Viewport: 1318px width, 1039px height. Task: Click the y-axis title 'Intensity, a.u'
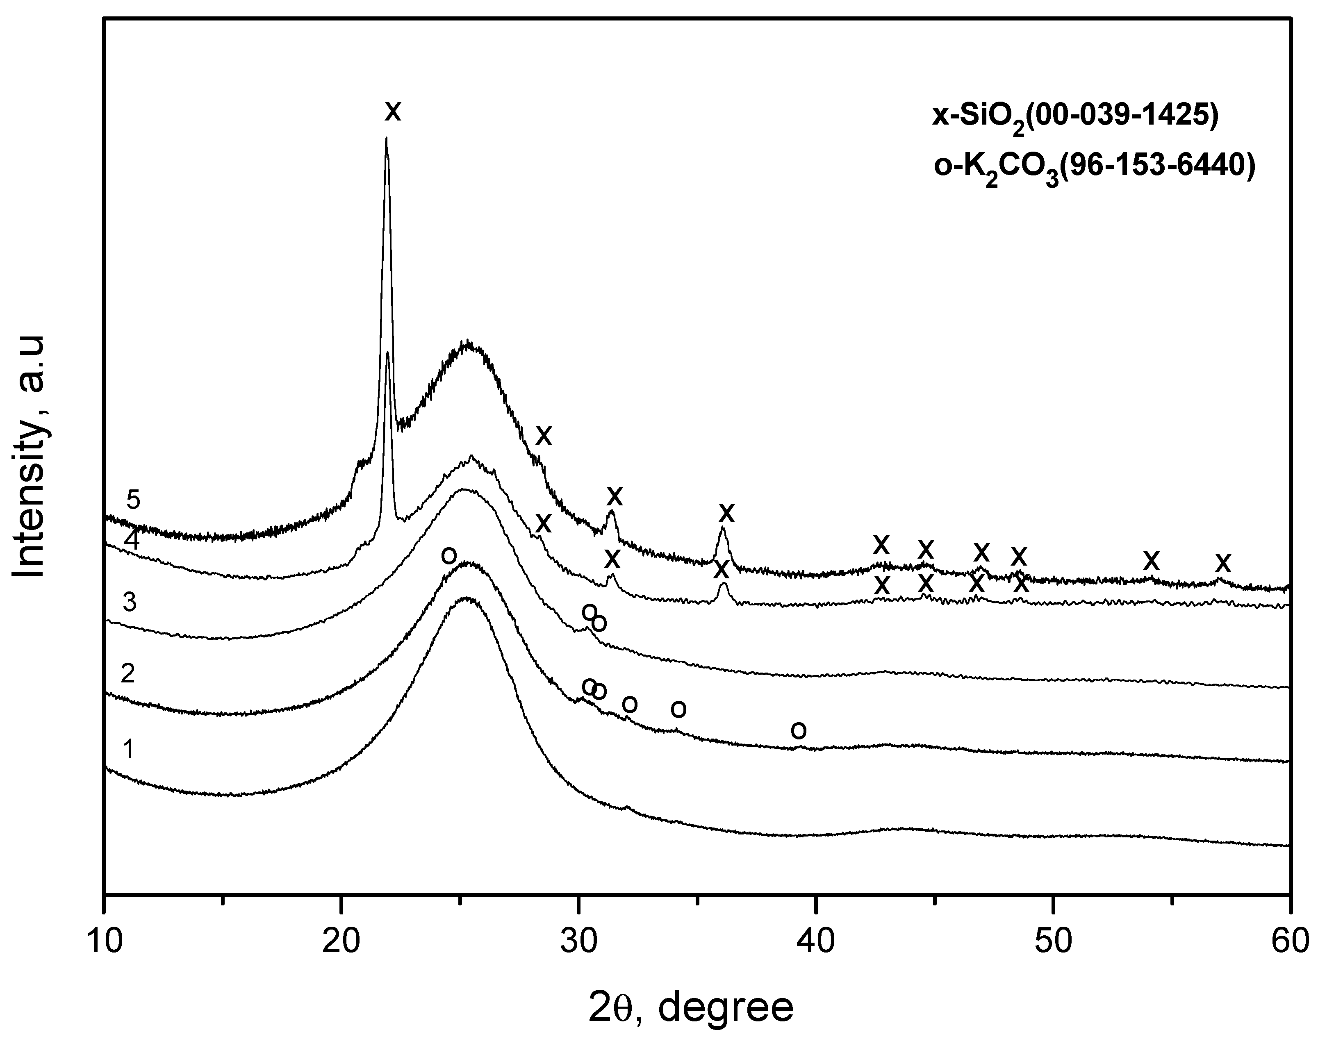(30, 456)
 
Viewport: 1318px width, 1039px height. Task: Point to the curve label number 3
(129, 602)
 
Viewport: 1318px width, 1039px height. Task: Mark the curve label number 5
(133, 500)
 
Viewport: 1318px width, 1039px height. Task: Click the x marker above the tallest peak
(393, 111)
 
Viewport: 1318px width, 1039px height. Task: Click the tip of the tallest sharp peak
(386, 139)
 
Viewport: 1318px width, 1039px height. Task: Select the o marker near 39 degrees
(798, 730)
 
